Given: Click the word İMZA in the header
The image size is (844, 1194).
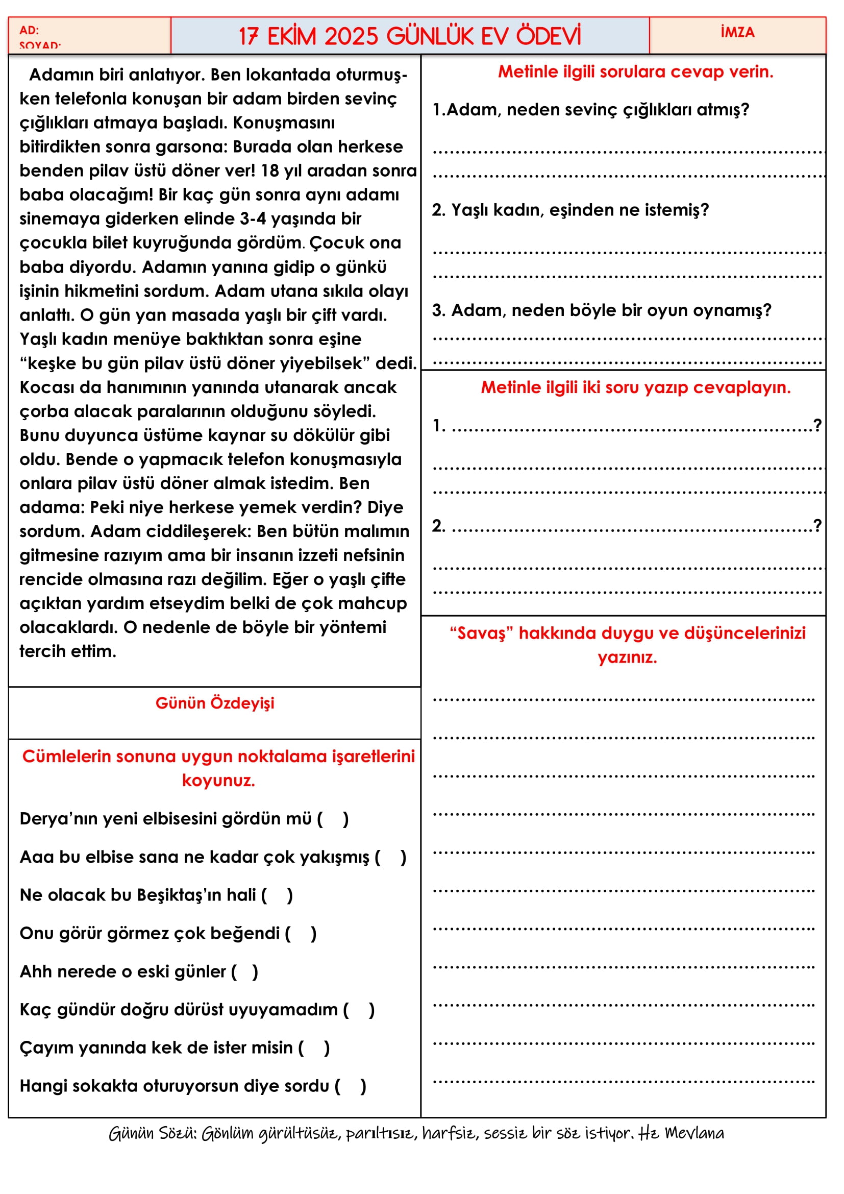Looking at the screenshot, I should click(737, 32).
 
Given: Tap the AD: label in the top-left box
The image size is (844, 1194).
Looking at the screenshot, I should click(29, 30).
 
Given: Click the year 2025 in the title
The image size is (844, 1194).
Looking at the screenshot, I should click(351, 36).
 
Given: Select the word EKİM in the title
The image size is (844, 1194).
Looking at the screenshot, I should click(291, 36).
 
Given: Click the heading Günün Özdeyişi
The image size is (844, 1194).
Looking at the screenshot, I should click(215, 703).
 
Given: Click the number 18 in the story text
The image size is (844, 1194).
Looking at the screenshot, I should click(270, 170).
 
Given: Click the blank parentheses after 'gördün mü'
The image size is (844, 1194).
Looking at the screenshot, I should click(333, 819).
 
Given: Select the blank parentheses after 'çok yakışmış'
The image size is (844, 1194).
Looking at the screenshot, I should click(390, 857).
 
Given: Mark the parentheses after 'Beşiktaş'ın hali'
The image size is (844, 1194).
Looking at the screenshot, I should click(277, 895).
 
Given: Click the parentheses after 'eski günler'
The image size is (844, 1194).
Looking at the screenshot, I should click(244, 971).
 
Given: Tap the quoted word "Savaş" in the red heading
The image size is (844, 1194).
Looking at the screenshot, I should click(481, 633).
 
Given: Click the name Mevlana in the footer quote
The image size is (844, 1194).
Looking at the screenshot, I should click(694, 1133).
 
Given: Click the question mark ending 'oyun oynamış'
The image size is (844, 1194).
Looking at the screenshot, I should click(767, 310).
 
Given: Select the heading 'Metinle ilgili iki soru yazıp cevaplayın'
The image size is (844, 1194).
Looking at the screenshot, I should click(635, 387).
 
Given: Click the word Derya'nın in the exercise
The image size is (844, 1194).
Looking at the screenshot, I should click(58, 819).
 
